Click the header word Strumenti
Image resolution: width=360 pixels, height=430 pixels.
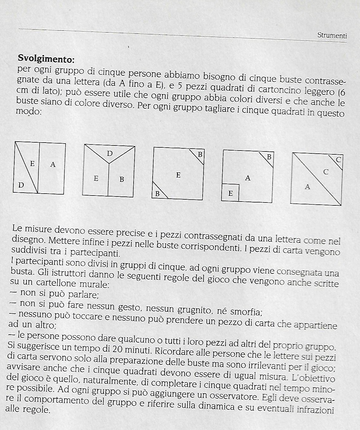point(332,35)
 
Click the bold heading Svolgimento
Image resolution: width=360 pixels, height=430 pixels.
point(46,59)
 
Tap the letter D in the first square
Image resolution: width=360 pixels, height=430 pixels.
point(21,185)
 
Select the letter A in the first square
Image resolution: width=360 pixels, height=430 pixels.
point(53,164)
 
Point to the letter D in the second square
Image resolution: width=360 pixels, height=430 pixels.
point(110,154)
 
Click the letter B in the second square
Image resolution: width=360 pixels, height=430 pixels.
point(122,179)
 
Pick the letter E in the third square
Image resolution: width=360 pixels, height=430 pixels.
point(178,175)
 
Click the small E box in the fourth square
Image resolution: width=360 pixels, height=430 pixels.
point(230,193)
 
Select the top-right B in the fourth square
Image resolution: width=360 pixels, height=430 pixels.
point(269,157)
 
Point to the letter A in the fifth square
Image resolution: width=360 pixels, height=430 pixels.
point(307,187)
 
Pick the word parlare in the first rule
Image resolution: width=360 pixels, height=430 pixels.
point(84,295)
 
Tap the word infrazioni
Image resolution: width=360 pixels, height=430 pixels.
point(313,410)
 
